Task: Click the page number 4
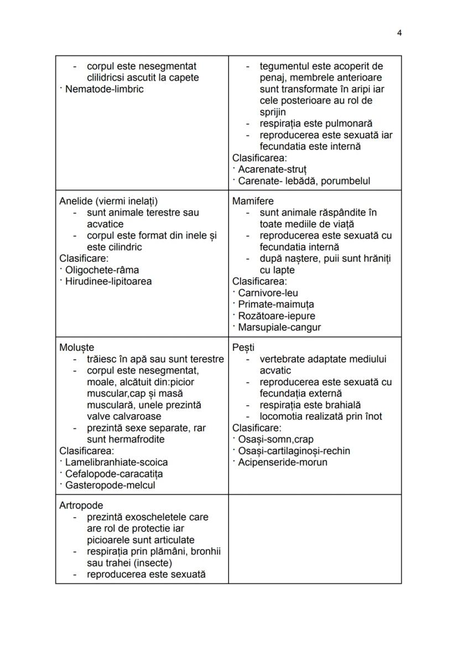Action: coord(399,33)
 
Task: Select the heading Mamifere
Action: coord(253,201)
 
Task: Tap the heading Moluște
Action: coord(76,348)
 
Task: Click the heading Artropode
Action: coord(81,505)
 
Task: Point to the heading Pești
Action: coord(243,348)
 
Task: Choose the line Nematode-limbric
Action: coord(104,89)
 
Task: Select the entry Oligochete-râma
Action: coord(102,270)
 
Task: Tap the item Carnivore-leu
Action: coord(268,293)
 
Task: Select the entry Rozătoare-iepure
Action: coord(276,316)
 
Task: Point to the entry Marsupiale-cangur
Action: coord(279,327)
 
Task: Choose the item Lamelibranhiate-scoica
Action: coord(116,462)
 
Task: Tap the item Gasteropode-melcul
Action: coord(110,485)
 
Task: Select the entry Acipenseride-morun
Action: coord(282,462)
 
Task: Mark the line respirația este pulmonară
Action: coord(316,123)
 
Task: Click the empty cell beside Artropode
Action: coord(315,539)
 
